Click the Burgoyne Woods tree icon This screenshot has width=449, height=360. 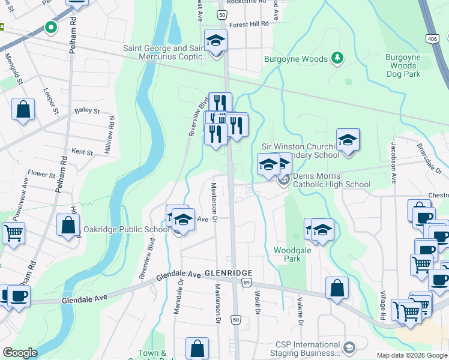pyautogui.click(x=337, y=58)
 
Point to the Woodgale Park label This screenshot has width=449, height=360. pyautogui.click(x=292, y=254)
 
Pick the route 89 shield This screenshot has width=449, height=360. pyautogui.click(x=246, y=282)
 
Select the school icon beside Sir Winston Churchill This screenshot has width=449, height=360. pyautogui.click(x=348, y=140)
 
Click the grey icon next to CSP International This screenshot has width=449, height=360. pyautogui.click(x=348, y=347)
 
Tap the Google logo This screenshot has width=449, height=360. pyautogui.click(x=20, y=353)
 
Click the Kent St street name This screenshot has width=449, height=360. pyautogui.click(x=82, y=152)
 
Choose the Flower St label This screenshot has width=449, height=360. pyautogui.click(x=41, y=175)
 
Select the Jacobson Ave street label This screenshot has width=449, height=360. pyautogui.click(x=394, y=162)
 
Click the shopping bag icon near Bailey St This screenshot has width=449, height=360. pyautogui.click(x=23, y=110)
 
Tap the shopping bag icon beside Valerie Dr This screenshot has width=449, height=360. pyautogui.click(x=337, y=287)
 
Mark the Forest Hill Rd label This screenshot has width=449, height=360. pyautogui.click(x=249, y=25)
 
